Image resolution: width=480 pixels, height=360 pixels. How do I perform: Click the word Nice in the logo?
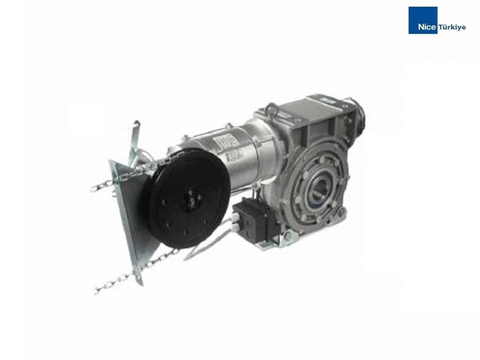[x=427, y=27]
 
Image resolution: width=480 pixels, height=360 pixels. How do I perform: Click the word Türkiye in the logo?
[x=452, y=27]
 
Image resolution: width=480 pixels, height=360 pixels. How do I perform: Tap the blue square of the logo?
[x=423, y=20]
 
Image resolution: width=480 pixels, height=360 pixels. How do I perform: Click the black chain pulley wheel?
[x=188, y=198]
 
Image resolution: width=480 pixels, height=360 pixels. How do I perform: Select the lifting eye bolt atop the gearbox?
[x=271, y=108]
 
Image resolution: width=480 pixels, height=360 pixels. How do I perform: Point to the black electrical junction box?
[x=254, y=218]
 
